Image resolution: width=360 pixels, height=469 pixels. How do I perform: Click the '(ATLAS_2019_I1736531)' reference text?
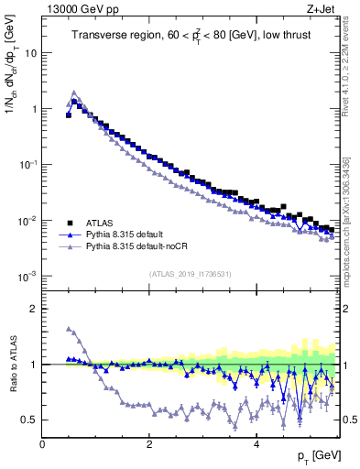tap(190, 275)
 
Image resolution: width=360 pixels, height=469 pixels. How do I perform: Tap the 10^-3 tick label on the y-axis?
tap(27, 277)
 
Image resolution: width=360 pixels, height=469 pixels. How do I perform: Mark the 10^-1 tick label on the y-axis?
tap(27, 165)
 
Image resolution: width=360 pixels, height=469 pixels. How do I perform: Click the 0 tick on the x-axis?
tap(42, 445)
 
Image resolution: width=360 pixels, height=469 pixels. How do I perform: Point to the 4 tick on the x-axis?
tap(256, 445)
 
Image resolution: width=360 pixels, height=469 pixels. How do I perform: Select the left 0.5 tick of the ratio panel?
tap(31, 420)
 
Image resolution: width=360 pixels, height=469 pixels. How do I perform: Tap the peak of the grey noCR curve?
tap(74, 92)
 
